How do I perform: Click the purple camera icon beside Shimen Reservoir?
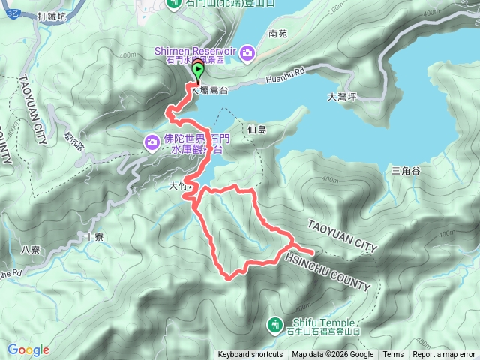(x=247, y=51)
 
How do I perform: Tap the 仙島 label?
(x=256, y=129)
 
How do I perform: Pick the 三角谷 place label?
(x=406, y=171)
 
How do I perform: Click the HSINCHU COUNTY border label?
(x=328, y=271)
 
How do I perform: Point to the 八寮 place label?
(x=30, y=249)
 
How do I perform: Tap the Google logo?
(x=28, y=349)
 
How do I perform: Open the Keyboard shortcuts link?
(x=250, y=355)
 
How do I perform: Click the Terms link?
(x=393, y=355)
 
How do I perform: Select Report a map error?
(x=445, y=355)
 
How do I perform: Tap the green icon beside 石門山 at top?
(x=174, y=3)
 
